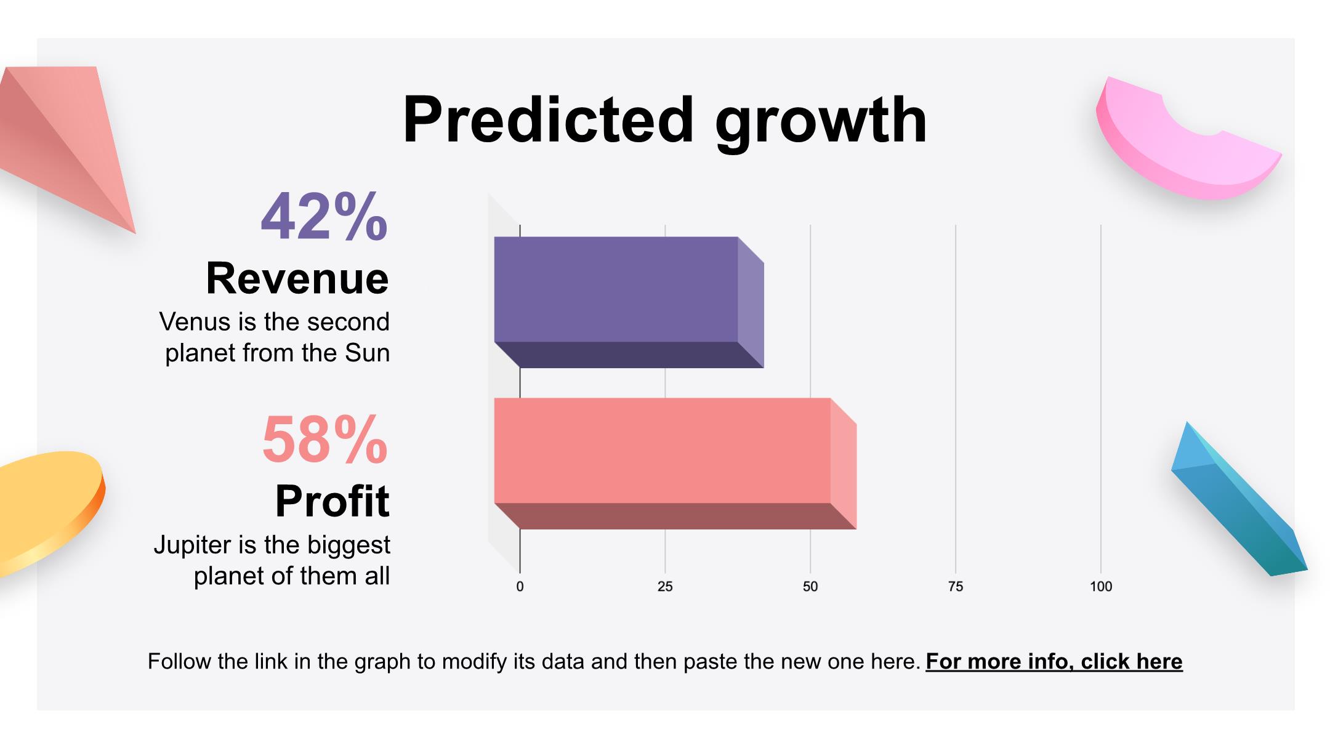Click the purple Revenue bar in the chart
tap(616, 289)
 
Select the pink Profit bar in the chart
tap(662, 451)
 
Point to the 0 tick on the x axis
tap(520, 587)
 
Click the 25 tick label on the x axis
tap(665, 587)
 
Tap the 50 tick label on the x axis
tap(810, 587)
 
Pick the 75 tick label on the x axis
tap(956, 587)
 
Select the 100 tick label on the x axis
tap(1101, 587)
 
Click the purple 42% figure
tap(324, 217)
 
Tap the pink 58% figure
tap(325, 440)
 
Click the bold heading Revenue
tap(297, 279)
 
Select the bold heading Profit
tap(332, 501)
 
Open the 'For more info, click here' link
tap(1054, 661)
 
